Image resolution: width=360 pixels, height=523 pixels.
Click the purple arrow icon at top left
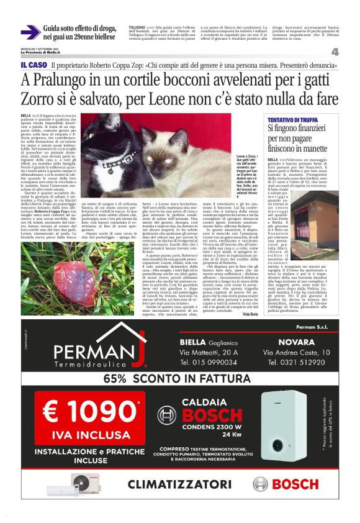tap(29, 32)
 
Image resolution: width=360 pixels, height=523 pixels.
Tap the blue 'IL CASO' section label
tap(34, 65)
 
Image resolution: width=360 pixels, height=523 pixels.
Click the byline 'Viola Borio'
tap(250, 314)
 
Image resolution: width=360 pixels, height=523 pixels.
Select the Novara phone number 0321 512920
tap(295, 362)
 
